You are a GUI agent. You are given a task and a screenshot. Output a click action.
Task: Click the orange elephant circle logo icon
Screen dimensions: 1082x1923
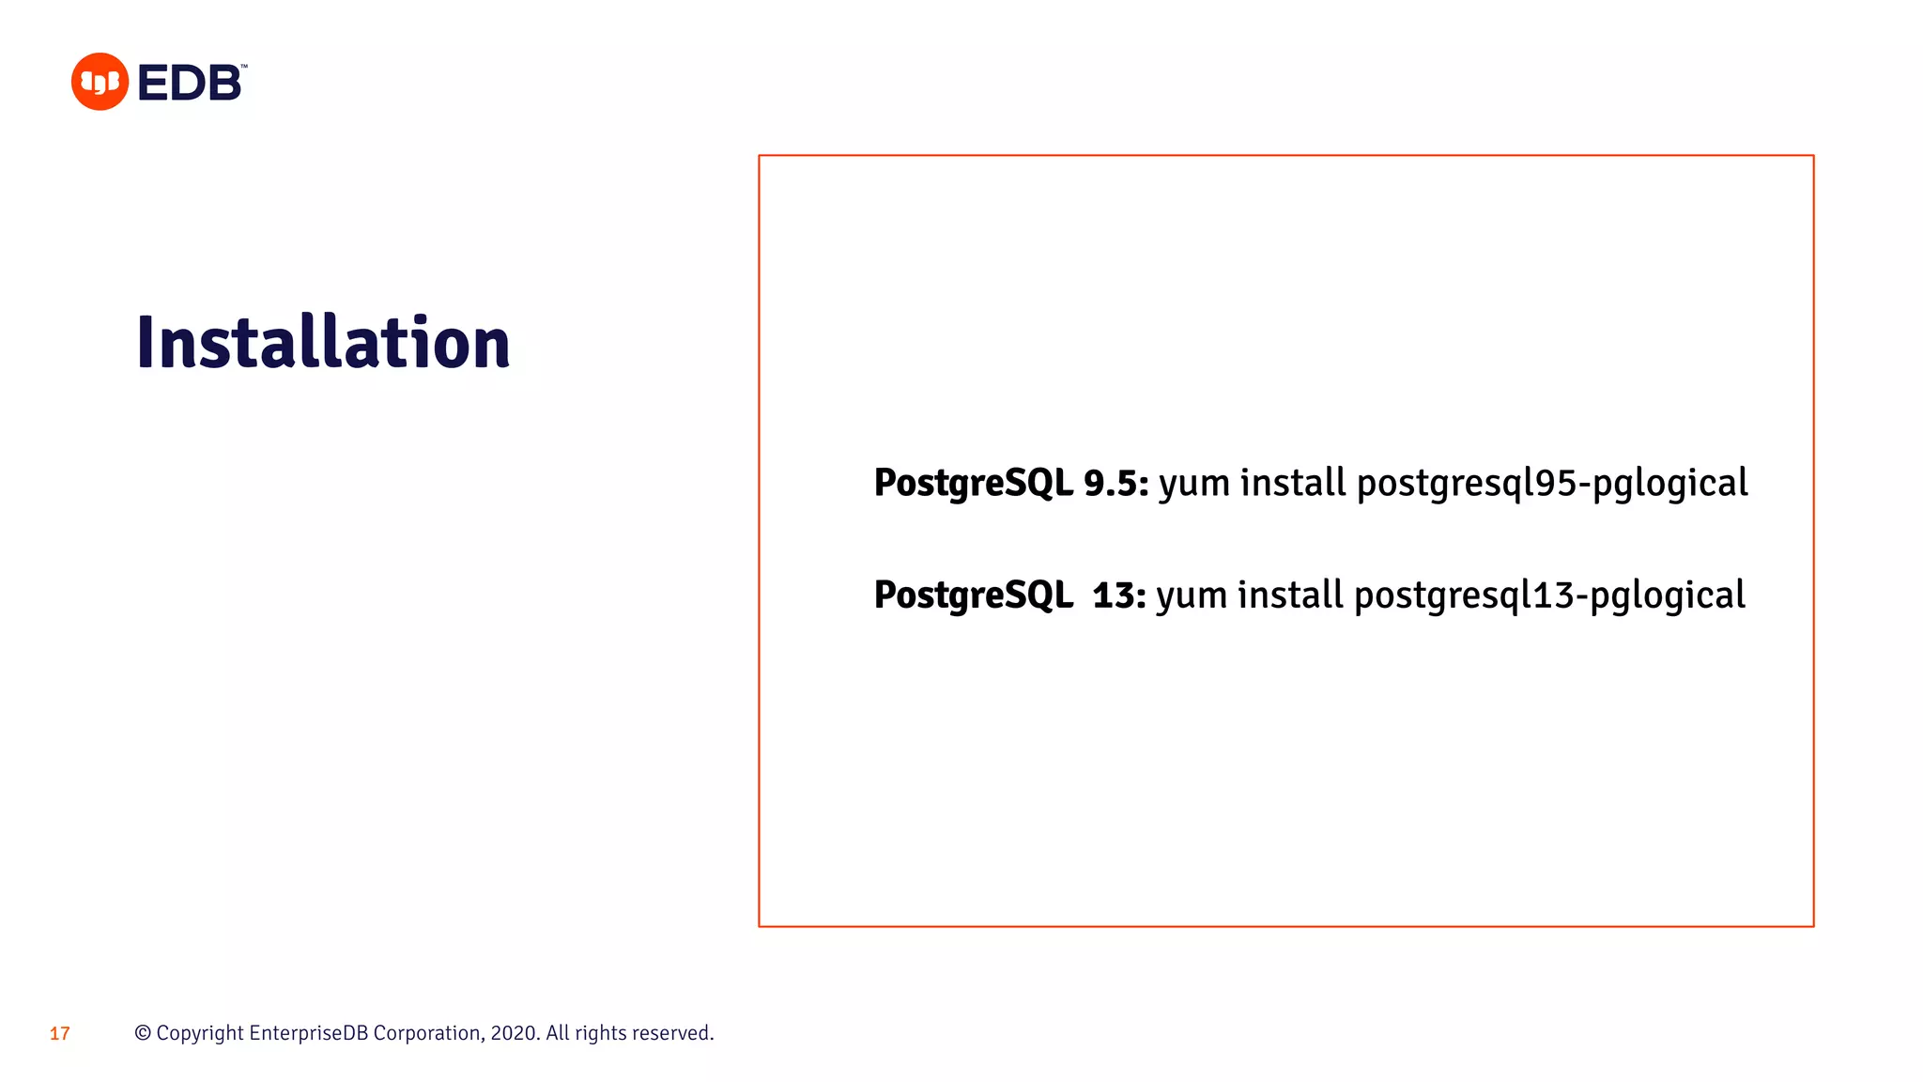[x=100, y=82]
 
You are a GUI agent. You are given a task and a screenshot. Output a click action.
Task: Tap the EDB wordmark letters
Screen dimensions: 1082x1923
[x=191, y=83]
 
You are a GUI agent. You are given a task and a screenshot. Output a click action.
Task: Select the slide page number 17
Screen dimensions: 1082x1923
[x=60, y=1034]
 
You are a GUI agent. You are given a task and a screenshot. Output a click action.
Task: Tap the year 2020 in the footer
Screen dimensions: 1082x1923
[x=513, y=1033]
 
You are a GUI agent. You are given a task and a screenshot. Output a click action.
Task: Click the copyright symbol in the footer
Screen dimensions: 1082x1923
[x=143, y=1033]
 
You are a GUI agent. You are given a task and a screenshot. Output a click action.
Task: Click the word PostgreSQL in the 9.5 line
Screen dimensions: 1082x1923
[x=973, y=483]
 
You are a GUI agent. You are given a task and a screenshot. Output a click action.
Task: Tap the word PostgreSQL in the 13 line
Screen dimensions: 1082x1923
[x=973, y=595]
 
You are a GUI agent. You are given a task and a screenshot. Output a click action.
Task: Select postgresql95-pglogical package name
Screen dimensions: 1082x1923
[x=1552, y=484]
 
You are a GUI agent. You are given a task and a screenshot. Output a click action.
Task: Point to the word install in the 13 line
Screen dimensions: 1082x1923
[x=1290, y=595]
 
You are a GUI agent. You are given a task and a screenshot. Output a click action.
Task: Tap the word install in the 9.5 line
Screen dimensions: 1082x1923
[x=1293, y=483]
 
